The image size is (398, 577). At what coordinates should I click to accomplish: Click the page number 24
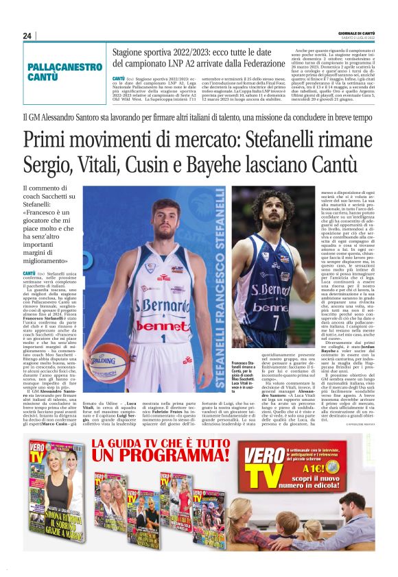[x=27, y=36]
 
